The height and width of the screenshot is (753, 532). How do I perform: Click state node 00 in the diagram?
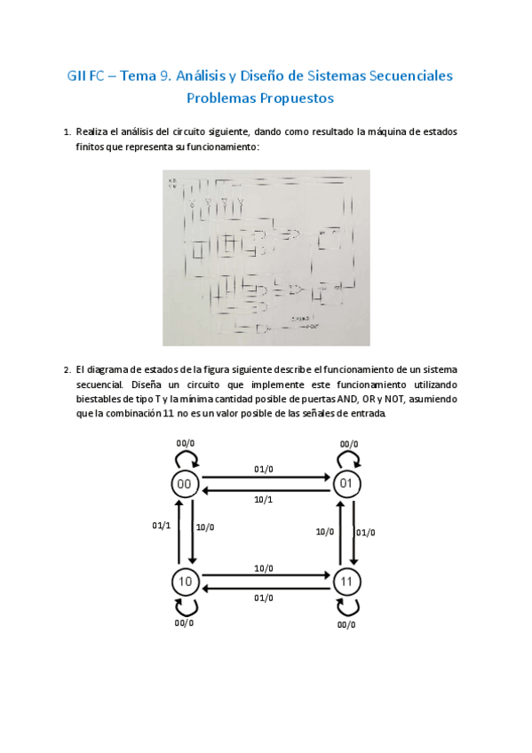[185, 484]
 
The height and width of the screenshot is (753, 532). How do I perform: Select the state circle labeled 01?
[346, 484]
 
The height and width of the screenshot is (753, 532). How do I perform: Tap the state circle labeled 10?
[185, 582]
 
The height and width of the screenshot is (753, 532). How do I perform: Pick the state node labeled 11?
[346, 582]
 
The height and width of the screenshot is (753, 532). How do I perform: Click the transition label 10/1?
[264, 500]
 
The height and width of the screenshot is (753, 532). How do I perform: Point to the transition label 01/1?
[160, 525]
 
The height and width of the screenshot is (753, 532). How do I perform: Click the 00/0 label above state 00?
[186, 443]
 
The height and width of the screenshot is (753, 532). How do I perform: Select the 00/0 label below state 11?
[346, 624]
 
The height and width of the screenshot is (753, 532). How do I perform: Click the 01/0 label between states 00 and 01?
[264, 468]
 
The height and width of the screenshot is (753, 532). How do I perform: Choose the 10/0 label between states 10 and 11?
[264, 567]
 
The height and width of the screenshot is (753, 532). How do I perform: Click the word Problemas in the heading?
[226, 98]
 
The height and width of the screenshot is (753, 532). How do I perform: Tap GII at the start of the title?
[78, 75]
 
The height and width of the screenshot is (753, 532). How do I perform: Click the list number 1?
[67, 132]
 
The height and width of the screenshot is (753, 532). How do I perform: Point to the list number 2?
[67, 369]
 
